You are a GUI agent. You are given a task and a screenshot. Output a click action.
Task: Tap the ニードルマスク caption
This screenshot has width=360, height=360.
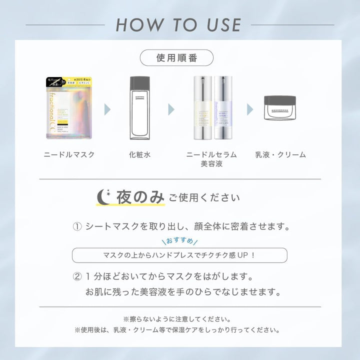pyautogui.click(x=68, y=154)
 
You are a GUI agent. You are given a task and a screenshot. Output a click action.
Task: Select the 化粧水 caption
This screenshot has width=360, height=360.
pyautogui.click(x=139, y=154)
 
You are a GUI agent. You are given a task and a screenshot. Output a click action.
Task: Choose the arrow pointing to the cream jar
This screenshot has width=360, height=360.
pyautogui.click(x=250, y=108)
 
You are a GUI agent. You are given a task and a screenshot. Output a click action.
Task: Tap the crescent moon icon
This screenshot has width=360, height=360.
pyautogui.click(x=105, y=196)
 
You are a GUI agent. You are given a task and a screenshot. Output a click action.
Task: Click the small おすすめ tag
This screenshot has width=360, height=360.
pyautogui.click(x=179, y=240)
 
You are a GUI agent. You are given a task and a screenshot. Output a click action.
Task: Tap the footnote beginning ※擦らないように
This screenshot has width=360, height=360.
pyautogui.click(x=180, y=318)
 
